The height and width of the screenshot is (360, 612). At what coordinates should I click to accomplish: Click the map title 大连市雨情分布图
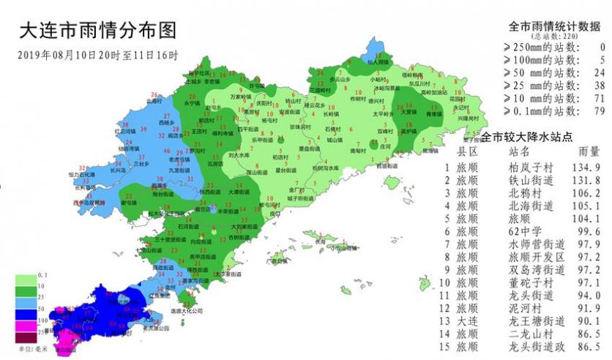tap(97, 31)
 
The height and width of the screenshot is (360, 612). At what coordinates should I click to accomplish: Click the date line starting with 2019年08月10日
tap(97, 56)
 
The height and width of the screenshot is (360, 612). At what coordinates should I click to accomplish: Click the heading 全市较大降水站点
tap(526, 137)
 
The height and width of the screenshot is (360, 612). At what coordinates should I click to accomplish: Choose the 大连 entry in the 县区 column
tap(467, 320)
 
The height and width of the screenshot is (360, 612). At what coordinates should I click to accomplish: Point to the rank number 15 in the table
tap(447, 346)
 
